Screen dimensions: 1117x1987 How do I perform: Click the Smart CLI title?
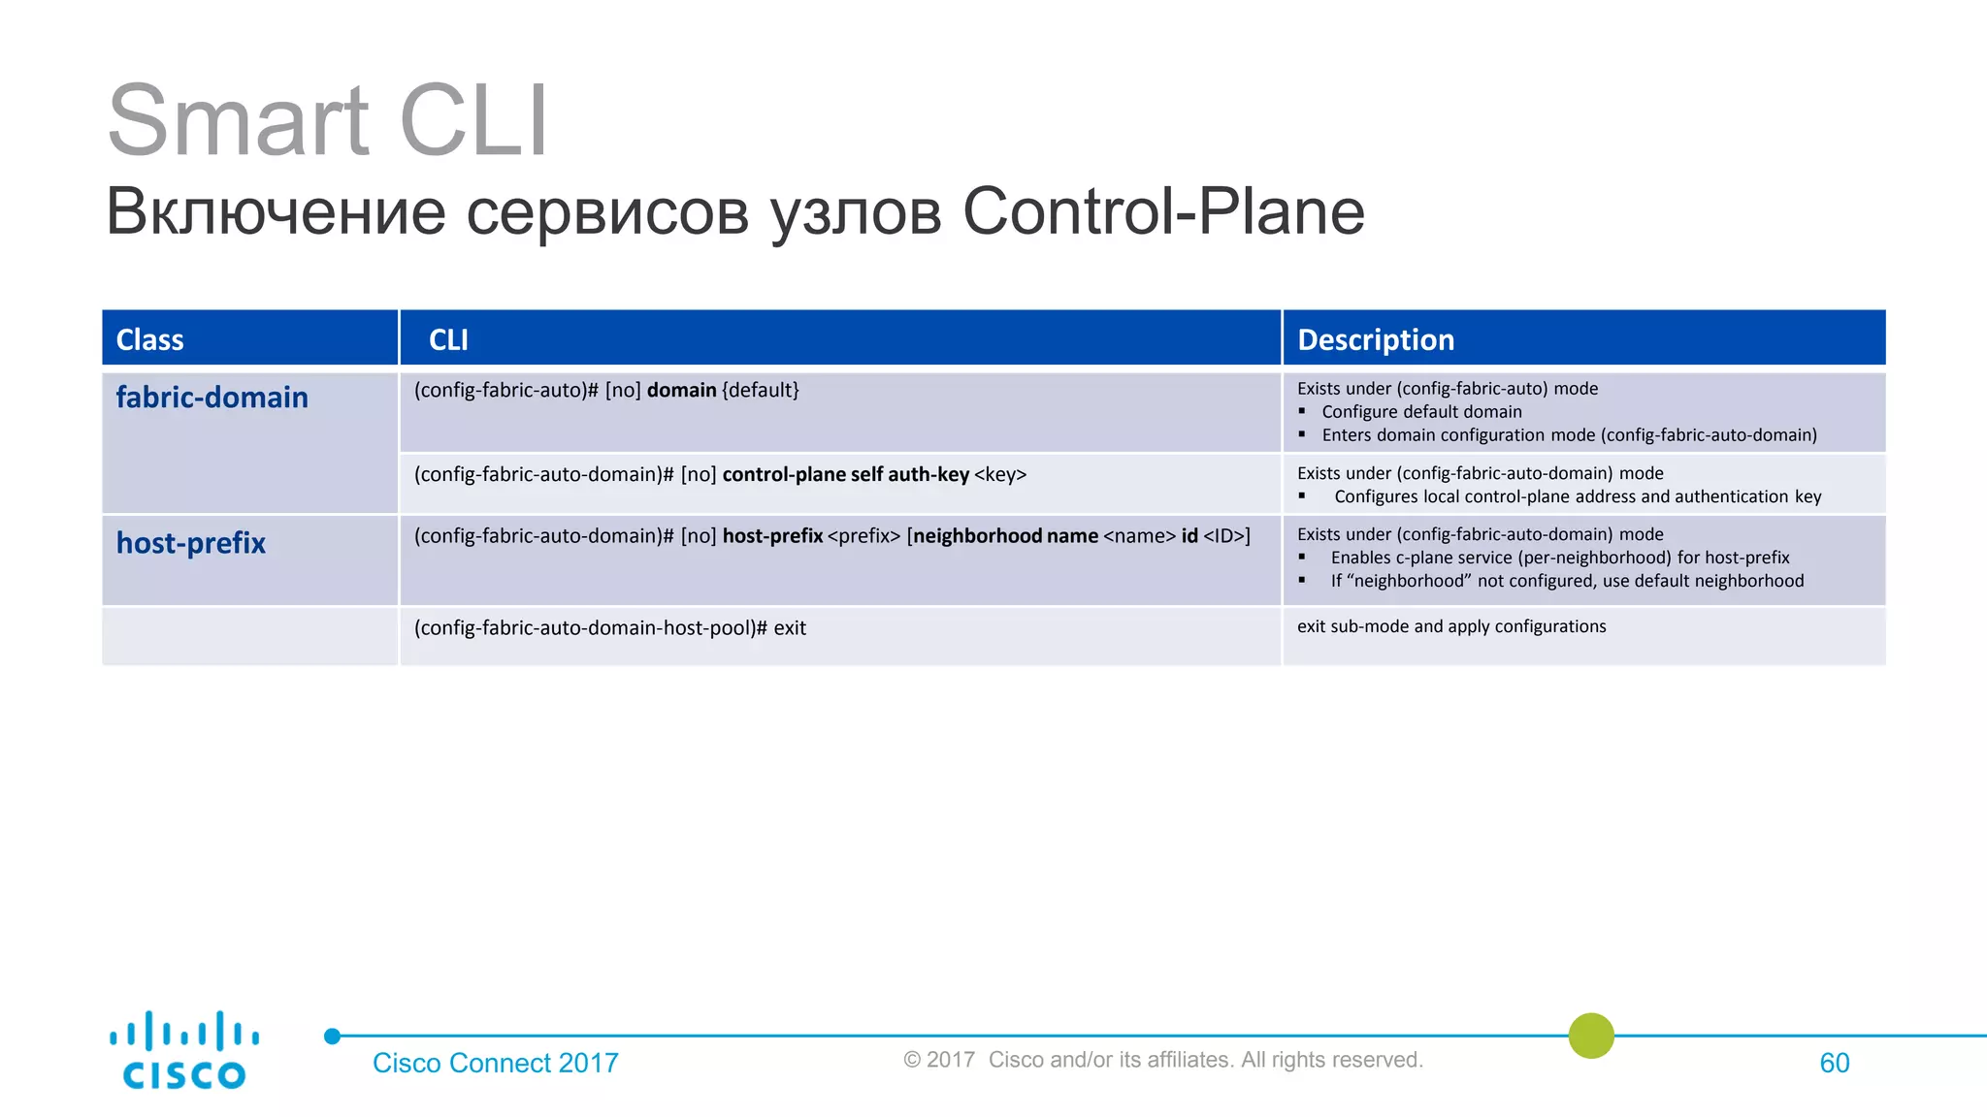(x=328, y=120)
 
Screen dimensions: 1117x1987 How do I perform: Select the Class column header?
(x=149, y=339)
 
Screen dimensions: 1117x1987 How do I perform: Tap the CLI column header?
(x=448, y=339)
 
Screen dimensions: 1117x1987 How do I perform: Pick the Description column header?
(x=1375, y=339)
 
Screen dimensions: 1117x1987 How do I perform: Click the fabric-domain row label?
(x=212, y=398)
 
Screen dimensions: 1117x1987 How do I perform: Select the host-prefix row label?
(x=191, y=543)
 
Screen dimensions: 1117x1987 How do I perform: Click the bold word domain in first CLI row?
(x=681, y=390)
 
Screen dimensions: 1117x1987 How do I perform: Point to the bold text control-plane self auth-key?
(x=845, y=474)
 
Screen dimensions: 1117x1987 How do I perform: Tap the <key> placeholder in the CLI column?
(x=1000, y=474)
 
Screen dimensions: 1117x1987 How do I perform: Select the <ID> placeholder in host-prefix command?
(x=1224, y=535)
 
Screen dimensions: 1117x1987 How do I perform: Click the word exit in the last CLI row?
(x=790, y=627)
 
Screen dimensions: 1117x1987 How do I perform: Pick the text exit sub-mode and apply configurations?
(x=1451, y=626)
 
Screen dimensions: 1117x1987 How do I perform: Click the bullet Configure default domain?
(x=1421, y=411)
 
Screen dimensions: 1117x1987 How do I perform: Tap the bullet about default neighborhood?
(x=1567, y=581)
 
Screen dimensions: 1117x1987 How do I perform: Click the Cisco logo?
(x=183, y=1051)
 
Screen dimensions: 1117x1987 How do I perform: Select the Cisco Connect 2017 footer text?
(x=495, y=1063)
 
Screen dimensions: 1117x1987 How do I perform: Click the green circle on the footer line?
(x=1590, y=1036)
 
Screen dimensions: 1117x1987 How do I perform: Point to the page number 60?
(x=1834, y=1063)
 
